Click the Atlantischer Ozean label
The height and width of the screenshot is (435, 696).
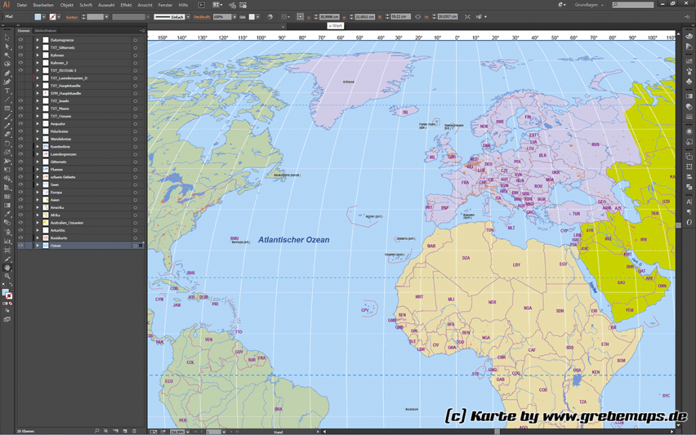tap(294, 240)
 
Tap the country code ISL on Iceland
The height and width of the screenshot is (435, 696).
tap(405, 112)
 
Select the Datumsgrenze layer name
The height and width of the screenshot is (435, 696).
tap(63, 40)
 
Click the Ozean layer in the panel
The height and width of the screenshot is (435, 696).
tap(56, 245)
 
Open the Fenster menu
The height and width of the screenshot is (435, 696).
tap(165, 5)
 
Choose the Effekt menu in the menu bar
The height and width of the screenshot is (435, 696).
tap(126, 5)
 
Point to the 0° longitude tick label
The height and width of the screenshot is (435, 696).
tap(457, 37)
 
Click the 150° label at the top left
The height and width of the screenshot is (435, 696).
tap(162, 37)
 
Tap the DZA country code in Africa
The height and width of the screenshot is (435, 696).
tap(466, 258)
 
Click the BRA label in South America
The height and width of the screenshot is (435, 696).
tap(278, 408)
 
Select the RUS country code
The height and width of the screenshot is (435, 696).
tap(595, 144)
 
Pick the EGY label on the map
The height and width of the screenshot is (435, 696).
tap(563, 264)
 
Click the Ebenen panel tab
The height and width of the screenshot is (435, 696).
tap(24, 31)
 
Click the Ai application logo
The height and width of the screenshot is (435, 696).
tap(6, 5)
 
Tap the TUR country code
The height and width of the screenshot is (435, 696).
tap(576, 213)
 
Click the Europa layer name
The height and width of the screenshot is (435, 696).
tap(56, 192)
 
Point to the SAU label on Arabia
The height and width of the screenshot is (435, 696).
tap(621, 283)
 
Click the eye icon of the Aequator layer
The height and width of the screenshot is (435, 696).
tap(20, 124)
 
